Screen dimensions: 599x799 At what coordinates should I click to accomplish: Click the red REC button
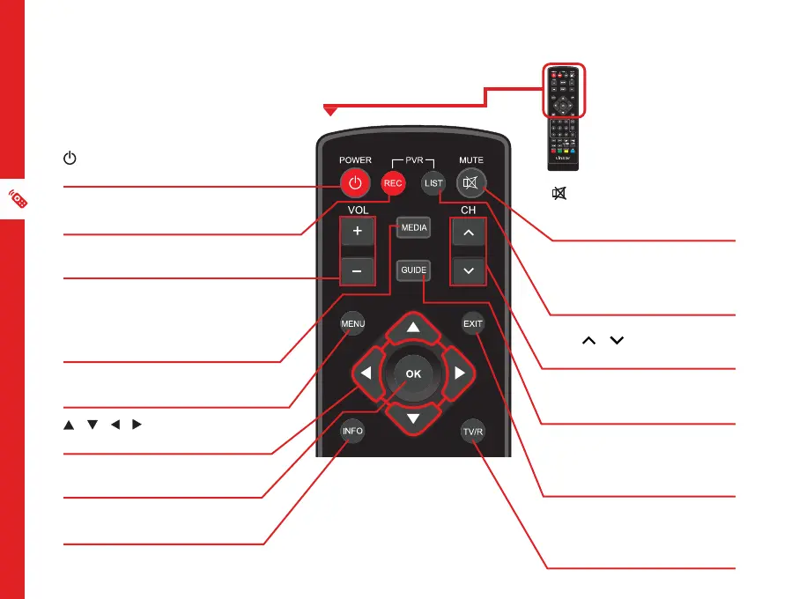click(x=392, y=183)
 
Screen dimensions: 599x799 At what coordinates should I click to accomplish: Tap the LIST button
click(x=432, y=183)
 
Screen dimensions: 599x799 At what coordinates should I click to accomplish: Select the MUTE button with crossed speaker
click(x=472, y=183)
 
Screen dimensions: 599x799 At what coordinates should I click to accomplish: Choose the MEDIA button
click(x=413, y=227)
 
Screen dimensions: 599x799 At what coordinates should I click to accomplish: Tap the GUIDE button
click(x=413, y=270)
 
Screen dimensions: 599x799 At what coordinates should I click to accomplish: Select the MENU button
click(x=353, y=324)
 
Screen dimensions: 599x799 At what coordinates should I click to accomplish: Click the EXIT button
click(x=474, y=324)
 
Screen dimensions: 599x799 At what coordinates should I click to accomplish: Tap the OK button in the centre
click(x=413, y=373)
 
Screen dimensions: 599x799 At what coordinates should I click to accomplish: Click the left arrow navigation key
click(x=366, y=373)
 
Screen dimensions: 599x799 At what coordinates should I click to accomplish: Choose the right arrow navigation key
click(x=459, y=373)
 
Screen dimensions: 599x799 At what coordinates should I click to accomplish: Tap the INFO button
click(x=353, y=432)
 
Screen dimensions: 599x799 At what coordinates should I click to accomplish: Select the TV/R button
click(x=474, y=432)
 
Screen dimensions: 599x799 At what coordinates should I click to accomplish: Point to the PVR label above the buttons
click(x=413, y=161)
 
